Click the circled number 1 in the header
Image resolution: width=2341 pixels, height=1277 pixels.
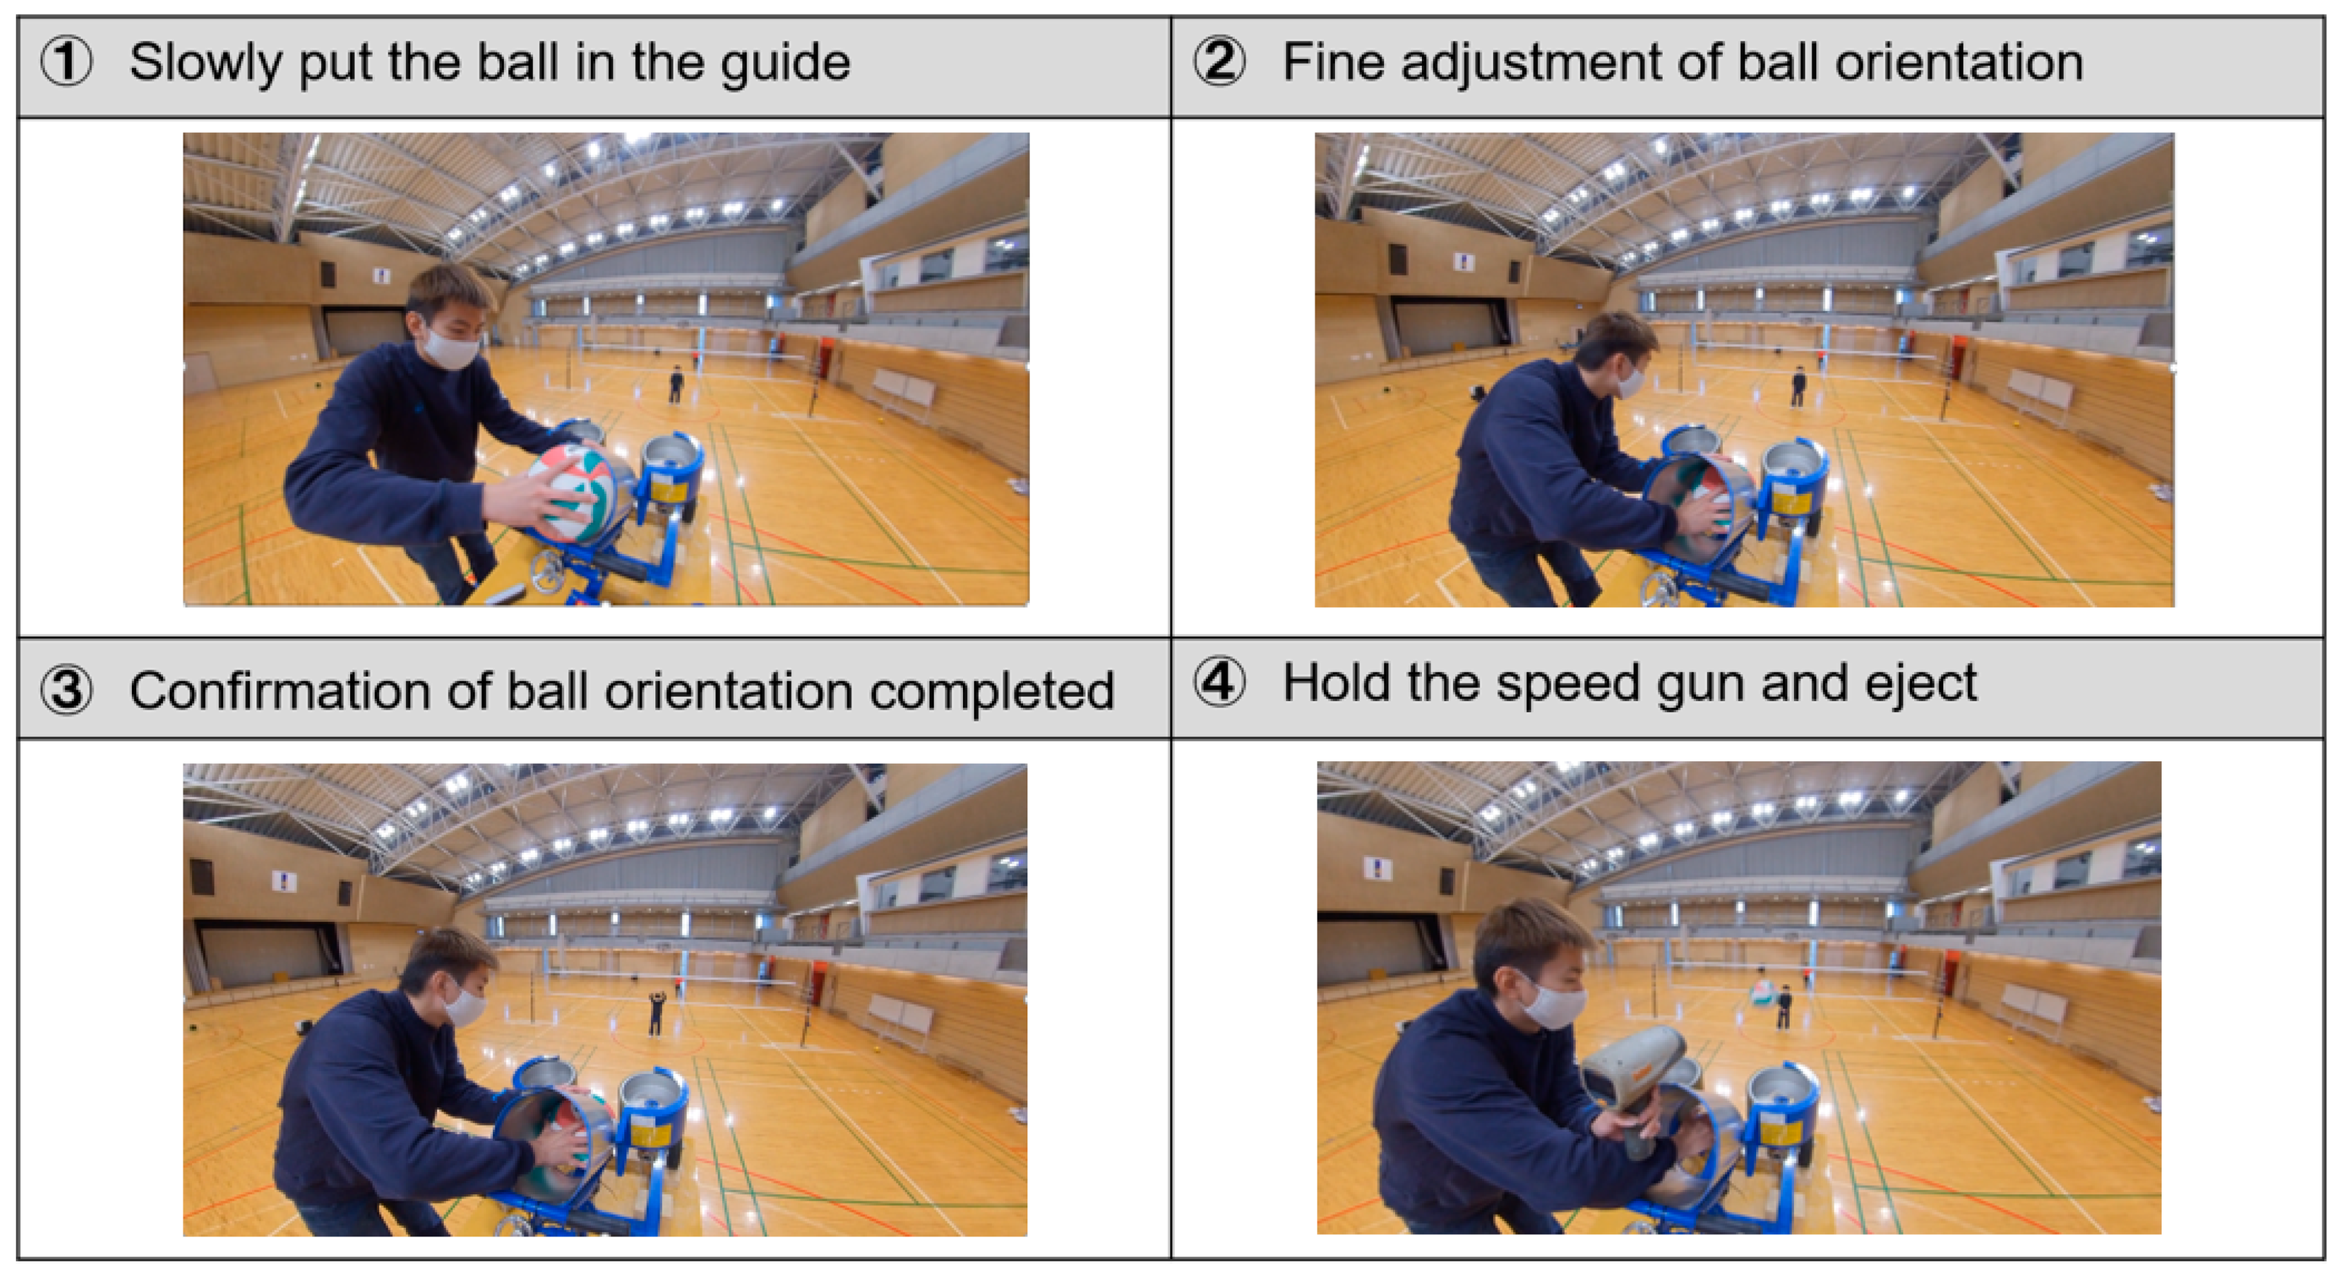pos(66,63)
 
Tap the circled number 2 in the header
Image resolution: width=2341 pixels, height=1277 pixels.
pos(1219,63)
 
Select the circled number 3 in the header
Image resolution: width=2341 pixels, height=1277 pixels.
pos(66,691)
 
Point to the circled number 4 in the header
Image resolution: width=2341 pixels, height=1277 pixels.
pos(1219,682)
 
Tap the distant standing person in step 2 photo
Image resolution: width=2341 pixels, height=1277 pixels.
pos(1799,386)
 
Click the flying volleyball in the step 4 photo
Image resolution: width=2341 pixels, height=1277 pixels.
pos(1763,992)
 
